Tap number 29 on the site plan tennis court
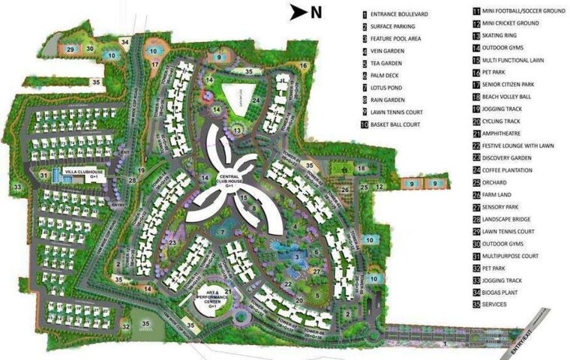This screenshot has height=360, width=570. click(71, 49)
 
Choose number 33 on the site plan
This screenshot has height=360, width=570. click(16, 187)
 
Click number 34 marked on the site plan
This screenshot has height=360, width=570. click(126, 42)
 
